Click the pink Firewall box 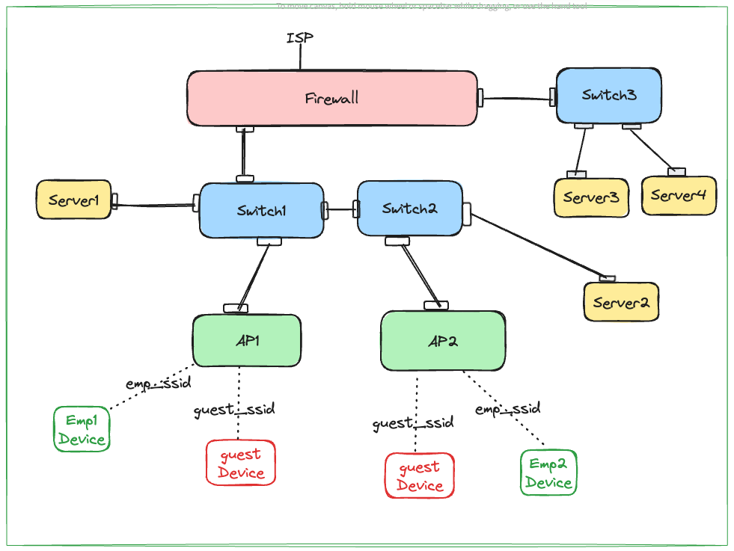point(331,98)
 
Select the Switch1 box point(261,210)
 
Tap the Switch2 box point(409,209)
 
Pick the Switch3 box point(608,95)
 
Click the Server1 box point(74,200)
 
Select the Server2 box point(620,302)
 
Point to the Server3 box point(590,197)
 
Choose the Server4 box point(678,195)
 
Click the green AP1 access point point(246,341)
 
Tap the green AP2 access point point(442,341)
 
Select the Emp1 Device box point(82,429)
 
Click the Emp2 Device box point(548,472)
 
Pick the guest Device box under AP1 point(240,463)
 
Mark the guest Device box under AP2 point(419,475)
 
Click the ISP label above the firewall point(299,37)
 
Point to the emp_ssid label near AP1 point(158,383)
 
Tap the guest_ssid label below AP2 point(413,423)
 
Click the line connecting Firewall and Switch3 point(516,97)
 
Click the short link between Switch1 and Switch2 point(341,210)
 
